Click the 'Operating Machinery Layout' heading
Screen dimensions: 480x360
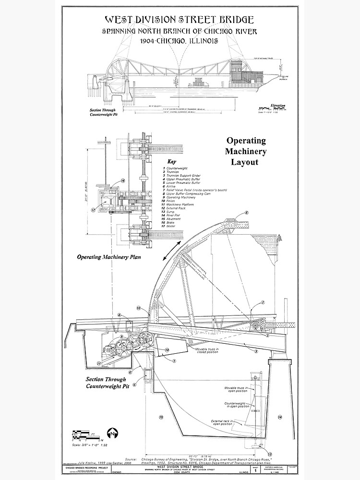pyautogui.click(x=246, y=151)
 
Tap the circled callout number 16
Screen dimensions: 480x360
pyautogui.click(x=122, y=181)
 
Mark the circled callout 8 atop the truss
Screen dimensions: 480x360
pyautogui.click(x=246, y=213)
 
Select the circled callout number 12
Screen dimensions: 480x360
pyautogui.click(x=138, y=308)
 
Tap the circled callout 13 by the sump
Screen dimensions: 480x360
pyautogui.click(x=270, y=454)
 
